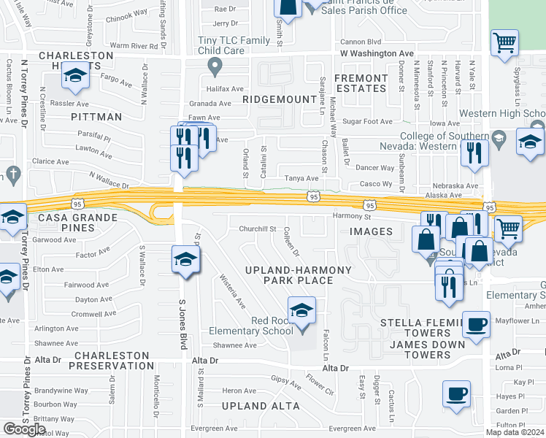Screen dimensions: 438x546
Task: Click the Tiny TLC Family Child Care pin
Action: click(x=214, y=69)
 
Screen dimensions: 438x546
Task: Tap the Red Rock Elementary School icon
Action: click(x=301, y=310)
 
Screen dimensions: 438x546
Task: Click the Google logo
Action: click(x=24, y=429)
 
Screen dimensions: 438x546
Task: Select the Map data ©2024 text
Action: click(x=515, y=432)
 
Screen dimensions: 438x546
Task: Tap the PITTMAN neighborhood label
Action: click(x=96, y=116)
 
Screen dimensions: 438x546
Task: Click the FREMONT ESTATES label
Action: click(x=361, y=83)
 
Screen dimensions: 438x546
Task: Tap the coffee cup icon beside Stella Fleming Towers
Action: click(x=477, y=324)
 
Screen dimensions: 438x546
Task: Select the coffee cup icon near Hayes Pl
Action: click(x=457, y=394)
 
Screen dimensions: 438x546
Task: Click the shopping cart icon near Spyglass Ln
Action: click(x=504, y=43)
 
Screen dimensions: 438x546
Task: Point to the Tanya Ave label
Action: click(x=301, y=178)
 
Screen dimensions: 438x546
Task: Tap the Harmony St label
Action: click(x=353, y=216)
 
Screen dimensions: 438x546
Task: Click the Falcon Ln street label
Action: click(x=326, y=344)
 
